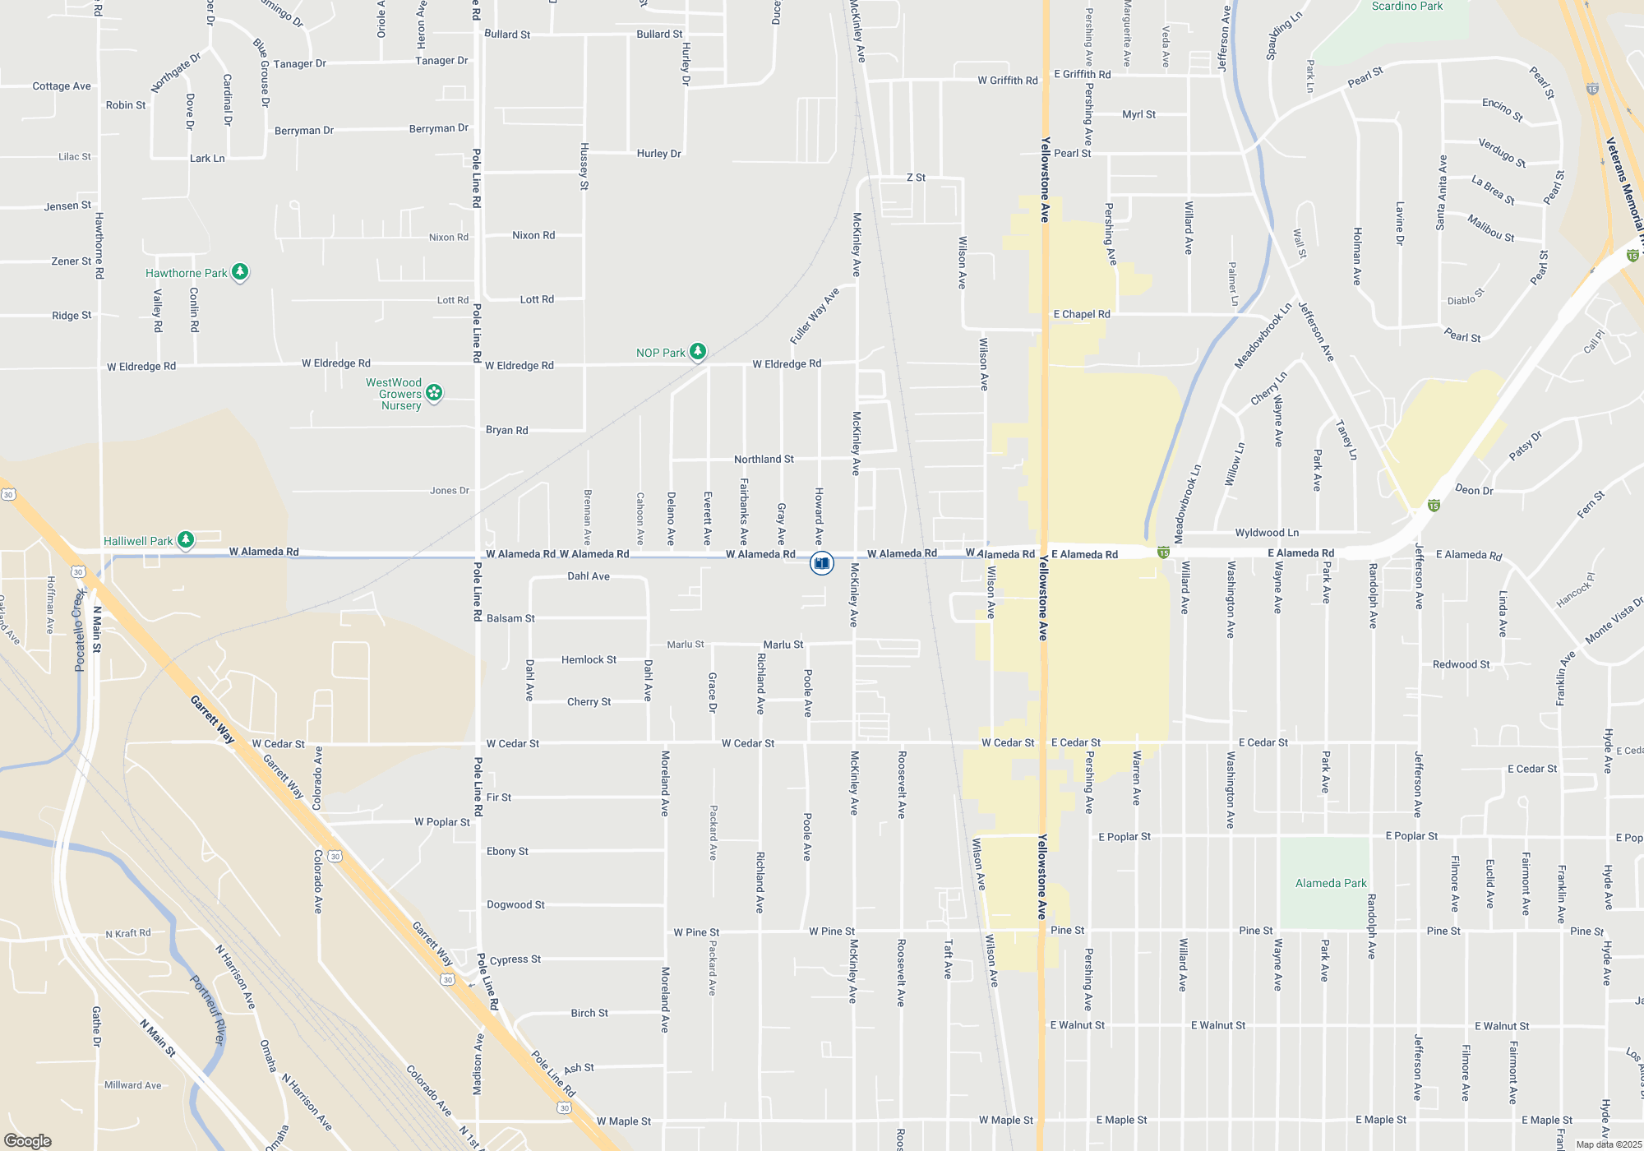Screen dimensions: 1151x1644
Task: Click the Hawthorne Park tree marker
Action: pyautogui.click(x=240, y=271)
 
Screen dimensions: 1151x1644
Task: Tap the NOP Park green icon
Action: pyautogui.click(x=698, y=352)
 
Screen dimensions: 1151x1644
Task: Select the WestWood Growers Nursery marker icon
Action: pyautogui.click(x=434, y=393)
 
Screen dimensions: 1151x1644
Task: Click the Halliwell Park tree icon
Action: pyautogui.click(x=187, y=539)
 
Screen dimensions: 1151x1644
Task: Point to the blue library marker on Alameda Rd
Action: pyautogui.click(x=822, y=563)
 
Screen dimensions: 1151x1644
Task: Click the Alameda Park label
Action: pyautogui.click(x=1331, y=883)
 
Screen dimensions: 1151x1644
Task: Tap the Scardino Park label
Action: pyautogui.click(x=1407, y=7)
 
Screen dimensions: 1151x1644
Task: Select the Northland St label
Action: pyautogui.click(x=764, y=460)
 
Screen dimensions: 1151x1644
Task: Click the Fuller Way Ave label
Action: pyautogui.click(x=815, y=317)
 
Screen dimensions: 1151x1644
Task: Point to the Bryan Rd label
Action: pyautogui.click(x=506, y=430)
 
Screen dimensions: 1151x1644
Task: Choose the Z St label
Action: pyautogui.click(x=916, y=178)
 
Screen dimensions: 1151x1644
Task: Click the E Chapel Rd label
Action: pyautogui.click(x=1082, y=314)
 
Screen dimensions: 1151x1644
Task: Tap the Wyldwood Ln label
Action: pyautogui.click(x=1267, y=533)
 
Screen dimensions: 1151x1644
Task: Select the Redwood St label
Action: pyautogui.click(x=1461, y=664)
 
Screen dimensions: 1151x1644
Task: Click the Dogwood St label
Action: pyautogui.click(x=515, y=904)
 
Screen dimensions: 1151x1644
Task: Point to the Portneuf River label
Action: pyautogui.click(x=207, y=1010)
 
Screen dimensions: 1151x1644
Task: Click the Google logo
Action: pyautogui.click(x=28, y=1141)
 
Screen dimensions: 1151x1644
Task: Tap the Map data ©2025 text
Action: pyautogui.click(x=1608, y=1144)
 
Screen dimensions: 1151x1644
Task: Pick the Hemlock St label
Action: pyautogui.click(x=589, y=659)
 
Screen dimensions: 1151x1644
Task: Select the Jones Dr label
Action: pyautogui.click(x=449, y=491)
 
